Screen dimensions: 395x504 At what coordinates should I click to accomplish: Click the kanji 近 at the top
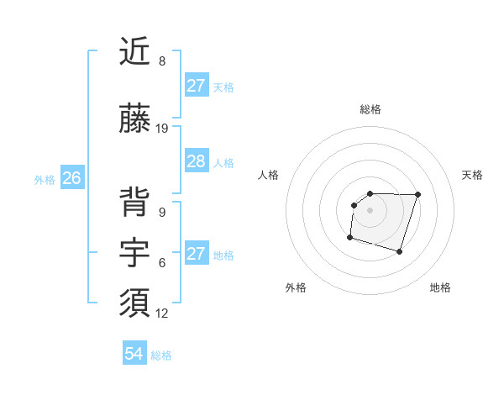135,53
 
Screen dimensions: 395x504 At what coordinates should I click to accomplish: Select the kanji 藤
135,120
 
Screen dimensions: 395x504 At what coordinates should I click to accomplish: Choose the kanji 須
135,303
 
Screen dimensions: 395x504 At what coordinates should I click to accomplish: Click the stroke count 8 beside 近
162,61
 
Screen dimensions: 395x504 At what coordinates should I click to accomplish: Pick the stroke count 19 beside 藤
163,129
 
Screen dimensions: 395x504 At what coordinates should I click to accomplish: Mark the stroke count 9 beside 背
162,213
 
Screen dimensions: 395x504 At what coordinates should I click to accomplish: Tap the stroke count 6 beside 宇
162,263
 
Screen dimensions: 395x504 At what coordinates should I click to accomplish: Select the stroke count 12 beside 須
163,313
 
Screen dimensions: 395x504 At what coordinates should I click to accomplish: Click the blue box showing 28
196,162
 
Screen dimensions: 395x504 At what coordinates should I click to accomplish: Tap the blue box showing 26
71,178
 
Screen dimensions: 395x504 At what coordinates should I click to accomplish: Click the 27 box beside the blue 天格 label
196,86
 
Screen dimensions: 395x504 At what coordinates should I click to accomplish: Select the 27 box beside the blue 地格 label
196,254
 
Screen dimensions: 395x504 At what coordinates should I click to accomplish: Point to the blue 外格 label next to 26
45,179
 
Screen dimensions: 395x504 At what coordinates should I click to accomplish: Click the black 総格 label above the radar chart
370,109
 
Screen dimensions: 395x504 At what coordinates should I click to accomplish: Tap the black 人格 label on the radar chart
269,175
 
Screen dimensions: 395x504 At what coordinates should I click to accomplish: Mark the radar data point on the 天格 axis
418,194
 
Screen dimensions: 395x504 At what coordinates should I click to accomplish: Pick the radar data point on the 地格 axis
400,252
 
